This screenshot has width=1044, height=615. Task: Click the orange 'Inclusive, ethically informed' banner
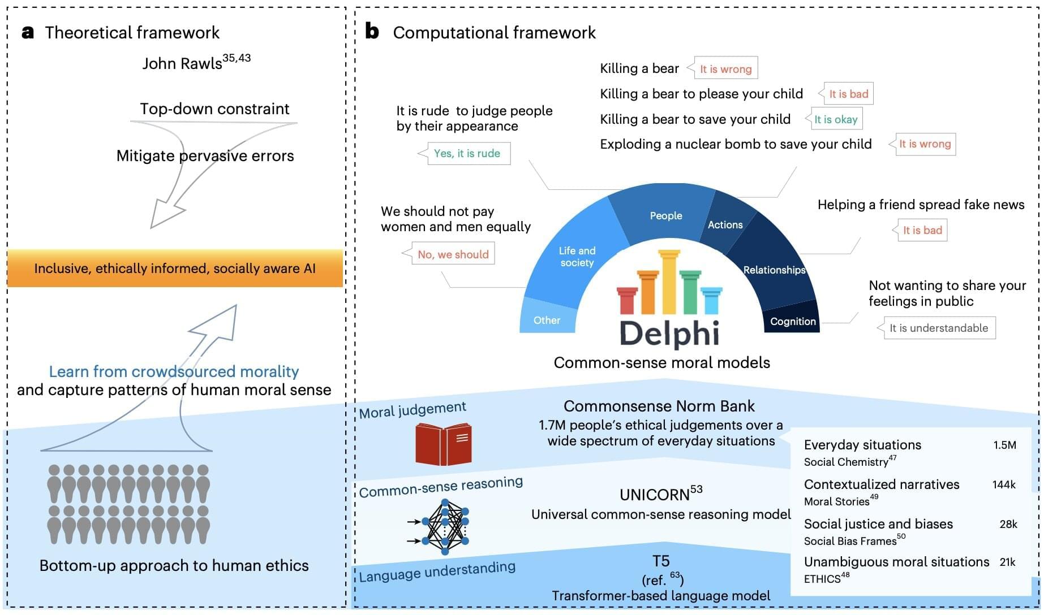coord(175,268)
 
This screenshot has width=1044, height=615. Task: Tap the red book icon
coord(443,445)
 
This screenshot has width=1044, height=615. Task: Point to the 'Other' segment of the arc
coord(547,320)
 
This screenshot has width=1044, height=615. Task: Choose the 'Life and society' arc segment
coord(577,256)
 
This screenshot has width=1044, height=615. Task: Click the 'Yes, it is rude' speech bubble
coord(467,153)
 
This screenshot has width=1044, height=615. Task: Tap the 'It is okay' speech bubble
coord(836,119)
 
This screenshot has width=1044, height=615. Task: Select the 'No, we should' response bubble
coord(453,254)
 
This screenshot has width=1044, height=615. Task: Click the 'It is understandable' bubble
coord(938,328)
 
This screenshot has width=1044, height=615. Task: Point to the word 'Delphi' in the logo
coord(669,334)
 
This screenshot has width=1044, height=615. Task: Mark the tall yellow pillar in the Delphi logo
coord(669,283)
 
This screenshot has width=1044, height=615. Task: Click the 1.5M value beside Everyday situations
coord(1004,445)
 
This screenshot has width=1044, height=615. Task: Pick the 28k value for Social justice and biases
coord(1008,524)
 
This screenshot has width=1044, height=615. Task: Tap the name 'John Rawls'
coord(182,63)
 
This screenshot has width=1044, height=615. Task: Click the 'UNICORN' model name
coord(655,495)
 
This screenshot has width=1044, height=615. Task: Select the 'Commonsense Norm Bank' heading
coord(659,406)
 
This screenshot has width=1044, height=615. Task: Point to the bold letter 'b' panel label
coord(372,31)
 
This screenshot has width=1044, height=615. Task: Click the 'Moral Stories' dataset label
coord(836,501)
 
